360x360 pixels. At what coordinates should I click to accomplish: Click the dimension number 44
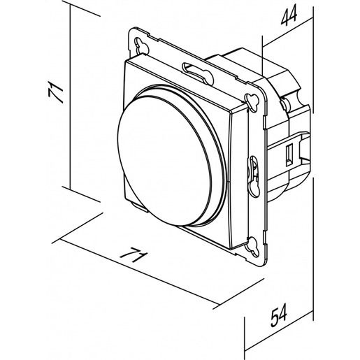click(x=289, y=15)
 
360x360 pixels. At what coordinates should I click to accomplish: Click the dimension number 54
click(x=279, y=315)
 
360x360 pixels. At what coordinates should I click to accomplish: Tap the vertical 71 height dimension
click(x=56, y=92)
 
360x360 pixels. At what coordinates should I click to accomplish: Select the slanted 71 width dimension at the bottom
click(x=134, y=254)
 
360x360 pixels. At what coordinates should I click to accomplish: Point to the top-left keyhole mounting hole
click(x=142, y=46)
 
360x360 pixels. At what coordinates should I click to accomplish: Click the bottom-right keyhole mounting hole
click(x=253, y=247)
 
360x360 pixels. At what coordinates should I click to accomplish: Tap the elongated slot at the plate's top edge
click(x=198, y=73)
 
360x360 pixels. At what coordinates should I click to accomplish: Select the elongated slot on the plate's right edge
click(x=253, y=177)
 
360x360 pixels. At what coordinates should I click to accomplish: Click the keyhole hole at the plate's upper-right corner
click(x=252, y=101)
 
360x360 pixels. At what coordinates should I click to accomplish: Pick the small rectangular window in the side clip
click(x=289, y=154)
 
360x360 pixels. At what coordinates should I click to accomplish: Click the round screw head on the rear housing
click(x=285, y=105)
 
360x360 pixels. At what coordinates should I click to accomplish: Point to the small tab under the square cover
click(x=139, y=208)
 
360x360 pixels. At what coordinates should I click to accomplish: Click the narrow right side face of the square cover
click(x=238, y=180)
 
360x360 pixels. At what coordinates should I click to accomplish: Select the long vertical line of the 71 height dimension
click(x=70, y=96)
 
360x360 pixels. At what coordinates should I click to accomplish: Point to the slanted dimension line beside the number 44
click(x=287, y=33)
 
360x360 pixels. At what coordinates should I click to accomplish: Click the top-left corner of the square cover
click(x=125, y=61)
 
